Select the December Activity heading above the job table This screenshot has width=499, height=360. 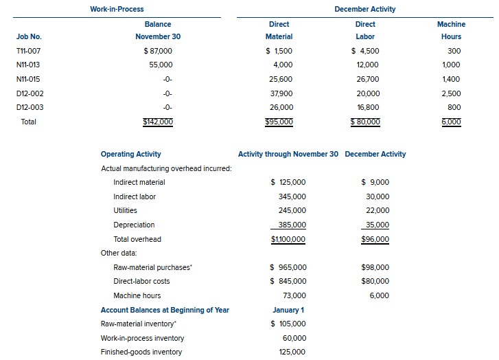click(x=364, y=9)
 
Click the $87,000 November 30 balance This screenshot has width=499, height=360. click(x=158, y=51)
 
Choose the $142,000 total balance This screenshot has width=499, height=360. click(x=158, y=122)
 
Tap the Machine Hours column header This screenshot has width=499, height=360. click(x=451, y=30)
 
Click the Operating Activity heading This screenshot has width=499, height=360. click(x=131, y=154)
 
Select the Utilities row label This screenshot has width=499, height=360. click(x=125, y=210)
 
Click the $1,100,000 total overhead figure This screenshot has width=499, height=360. click(x=288, y=239)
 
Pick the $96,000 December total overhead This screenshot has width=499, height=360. click(x=375, y=239)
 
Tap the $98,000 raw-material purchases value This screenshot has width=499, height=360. click(x=375, y=267)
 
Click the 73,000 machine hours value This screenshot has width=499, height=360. click(x=292, y=295)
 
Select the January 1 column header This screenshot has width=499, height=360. click(x=288, y=310)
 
